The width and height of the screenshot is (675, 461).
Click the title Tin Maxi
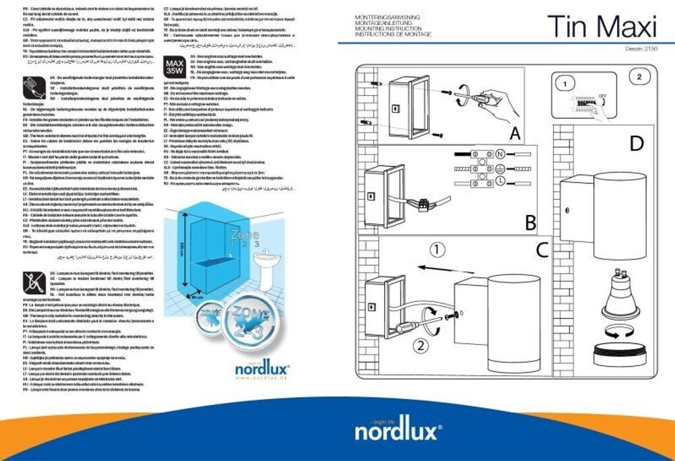tap(602, 27)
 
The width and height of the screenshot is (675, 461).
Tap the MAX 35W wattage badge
tap(173, 65)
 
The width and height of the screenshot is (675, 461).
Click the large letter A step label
tap(515, 134)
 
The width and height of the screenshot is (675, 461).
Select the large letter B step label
tap(531, 224)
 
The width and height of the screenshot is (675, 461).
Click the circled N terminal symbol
tap(500, 154)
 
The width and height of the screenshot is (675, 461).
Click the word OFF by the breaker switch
tap(603, 96)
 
